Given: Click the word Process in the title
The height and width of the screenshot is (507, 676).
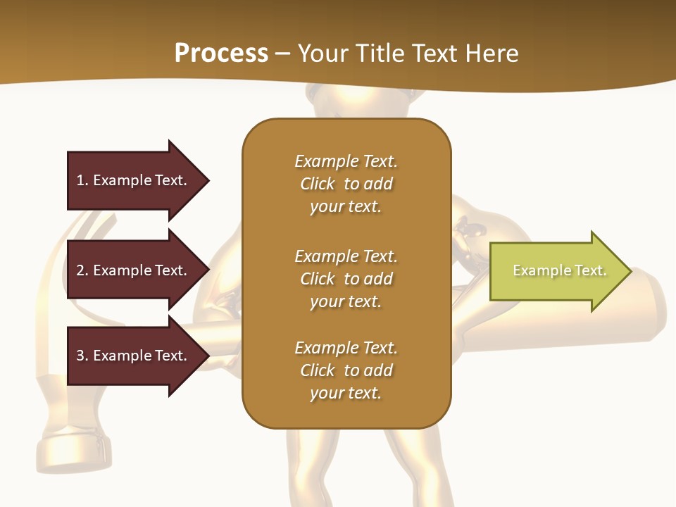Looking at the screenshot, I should (221, 54).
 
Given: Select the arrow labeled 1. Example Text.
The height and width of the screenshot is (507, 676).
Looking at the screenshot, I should (134, 180).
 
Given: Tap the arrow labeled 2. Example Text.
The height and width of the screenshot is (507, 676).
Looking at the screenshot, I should (134, 270).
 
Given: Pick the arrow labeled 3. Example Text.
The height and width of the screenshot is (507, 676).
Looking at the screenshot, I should (134, 356).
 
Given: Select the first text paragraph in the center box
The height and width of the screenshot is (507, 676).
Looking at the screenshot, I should (346, 184).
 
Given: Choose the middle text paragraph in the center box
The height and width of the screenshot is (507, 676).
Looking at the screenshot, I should (346, 279).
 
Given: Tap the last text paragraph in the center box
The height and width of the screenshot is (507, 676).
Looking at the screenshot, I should (346, 370).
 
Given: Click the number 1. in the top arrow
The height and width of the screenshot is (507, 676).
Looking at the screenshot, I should (82, 180).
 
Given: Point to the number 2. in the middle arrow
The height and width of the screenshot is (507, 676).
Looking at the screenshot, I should (82, 270).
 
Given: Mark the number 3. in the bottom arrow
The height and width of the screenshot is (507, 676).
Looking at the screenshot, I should (82, 356).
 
